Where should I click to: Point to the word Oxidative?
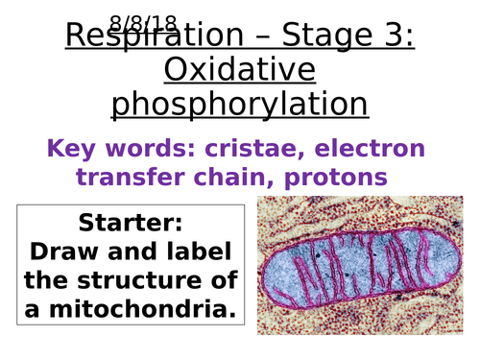pos(239,69)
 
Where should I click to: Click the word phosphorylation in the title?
pos(239,104)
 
